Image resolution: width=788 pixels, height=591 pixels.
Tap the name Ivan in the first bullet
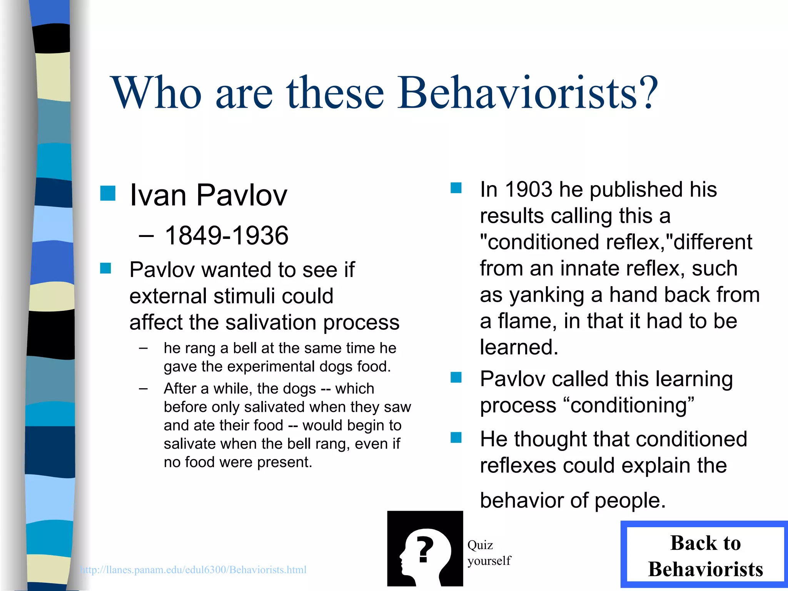158,195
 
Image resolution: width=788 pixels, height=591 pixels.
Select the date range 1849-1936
227,235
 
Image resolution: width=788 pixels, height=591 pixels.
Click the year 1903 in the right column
529,189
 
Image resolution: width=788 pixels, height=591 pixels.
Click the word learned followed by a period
519,347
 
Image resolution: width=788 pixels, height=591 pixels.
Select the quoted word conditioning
629,405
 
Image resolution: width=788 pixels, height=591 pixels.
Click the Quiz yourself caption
489,553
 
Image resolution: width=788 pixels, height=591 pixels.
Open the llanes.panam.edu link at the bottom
194,570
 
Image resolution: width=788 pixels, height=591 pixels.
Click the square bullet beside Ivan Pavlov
108,193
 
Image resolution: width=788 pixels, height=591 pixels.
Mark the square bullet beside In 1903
456,188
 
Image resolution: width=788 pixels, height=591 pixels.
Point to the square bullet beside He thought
456,437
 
